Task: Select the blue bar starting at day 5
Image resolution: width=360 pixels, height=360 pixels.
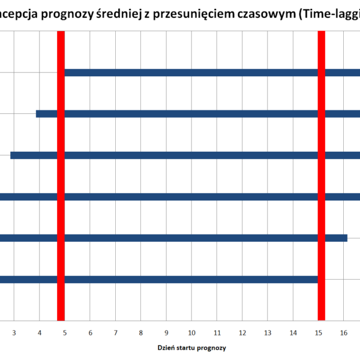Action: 210,73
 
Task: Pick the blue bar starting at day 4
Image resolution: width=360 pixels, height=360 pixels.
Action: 198,113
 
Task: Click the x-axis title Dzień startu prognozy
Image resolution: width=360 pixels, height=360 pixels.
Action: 192,347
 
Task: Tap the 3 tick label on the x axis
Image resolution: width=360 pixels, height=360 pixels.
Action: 14,332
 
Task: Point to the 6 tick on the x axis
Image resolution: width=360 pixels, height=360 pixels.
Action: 90,332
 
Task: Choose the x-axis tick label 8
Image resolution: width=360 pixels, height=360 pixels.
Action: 140,332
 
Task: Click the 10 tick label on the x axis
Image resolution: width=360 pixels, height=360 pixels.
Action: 191,332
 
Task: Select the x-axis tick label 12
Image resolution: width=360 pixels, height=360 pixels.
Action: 242,332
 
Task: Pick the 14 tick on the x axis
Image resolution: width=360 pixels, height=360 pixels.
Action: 293,332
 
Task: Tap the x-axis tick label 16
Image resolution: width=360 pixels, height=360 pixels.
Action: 343,332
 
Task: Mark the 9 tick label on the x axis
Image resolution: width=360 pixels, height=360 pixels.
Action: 166,332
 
